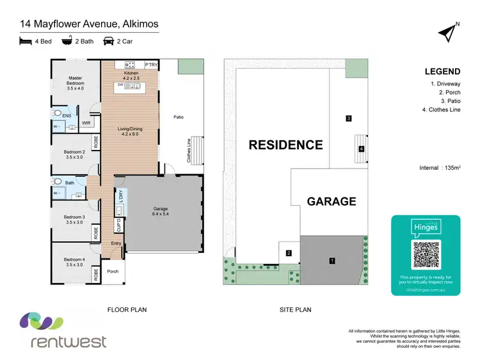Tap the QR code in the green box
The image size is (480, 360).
pos(426,254)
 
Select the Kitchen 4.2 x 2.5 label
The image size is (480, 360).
pos(130,76)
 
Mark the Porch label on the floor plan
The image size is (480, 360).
pos(113,271)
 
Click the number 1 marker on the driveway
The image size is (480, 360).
pos(332,261)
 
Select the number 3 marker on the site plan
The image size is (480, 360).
pos(348,119)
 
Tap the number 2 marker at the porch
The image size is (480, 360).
pos(289,253)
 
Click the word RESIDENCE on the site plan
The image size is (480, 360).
pos(285,145)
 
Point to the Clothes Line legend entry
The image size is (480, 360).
pos(442,110)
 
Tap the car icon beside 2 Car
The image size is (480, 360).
pos(109,40)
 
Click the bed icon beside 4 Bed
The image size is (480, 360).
pos(25,40)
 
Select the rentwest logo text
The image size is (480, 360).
pos(69,341)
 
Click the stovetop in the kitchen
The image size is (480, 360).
pos(129,65)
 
